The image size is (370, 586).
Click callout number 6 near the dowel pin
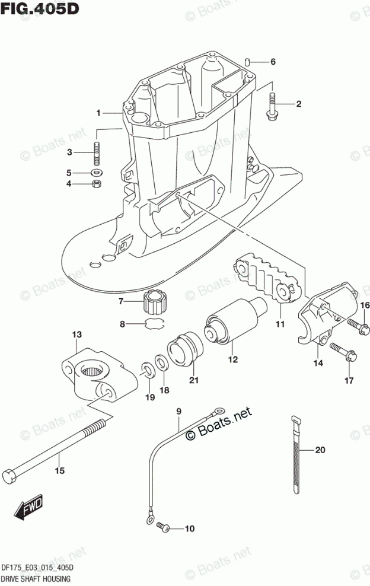[x=273, y=62]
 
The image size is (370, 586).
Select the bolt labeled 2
[x=273, y=106]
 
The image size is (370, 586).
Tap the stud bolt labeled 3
[x=95, y=153]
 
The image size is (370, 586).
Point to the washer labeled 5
[x=95, y=173]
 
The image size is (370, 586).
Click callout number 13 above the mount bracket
[x=77, y=336]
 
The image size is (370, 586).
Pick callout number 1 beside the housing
[x=100, y=113]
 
